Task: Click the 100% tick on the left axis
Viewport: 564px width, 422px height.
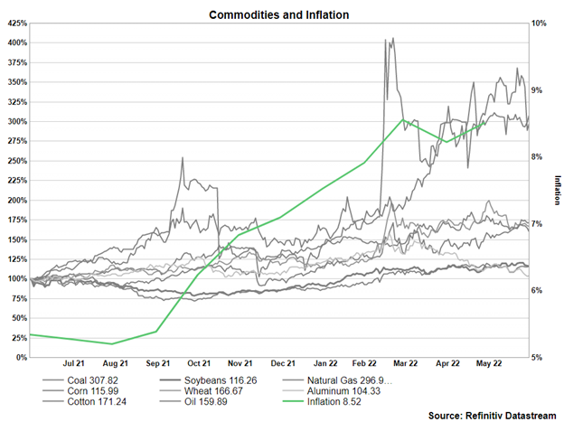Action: [16, 279]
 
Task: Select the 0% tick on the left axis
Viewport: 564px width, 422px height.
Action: [20, 358]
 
